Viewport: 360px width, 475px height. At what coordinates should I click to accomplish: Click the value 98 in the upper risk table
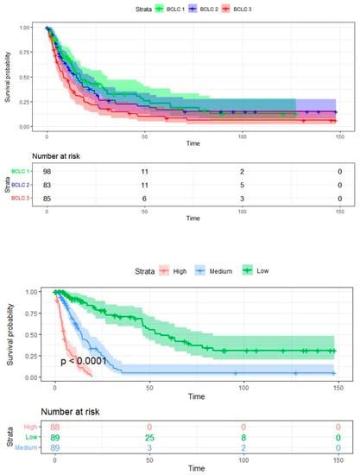point(47,173)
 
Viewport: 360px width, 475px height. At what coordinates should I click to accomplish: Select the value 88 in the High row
point(55,425)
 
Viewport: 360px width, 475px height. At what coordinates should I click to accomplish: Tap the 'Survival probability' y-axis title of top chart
point(7,78)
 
